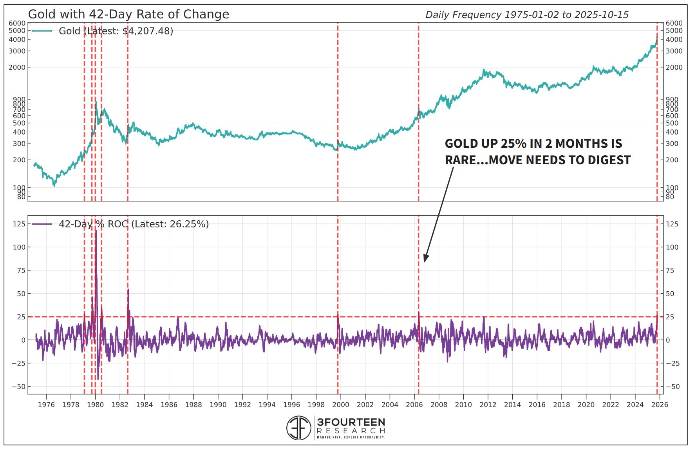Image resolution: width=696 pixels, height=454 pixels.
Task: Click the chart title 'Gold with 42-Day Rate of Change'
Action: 128,14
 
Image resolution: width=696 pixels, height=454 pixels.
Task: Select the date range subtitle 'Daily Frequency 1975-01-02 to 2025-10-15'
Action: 526,15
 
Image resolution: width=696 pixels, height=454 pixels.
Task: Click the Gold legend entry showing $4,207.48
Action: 116,31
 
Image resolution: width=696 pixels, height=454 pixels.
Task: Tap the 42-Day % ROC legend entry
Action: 133,224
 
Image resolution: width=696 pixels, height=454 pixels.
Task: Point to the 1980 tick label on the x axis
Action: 95,405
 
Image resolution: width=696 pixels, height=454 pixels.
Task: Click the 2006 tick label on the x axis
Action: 414,405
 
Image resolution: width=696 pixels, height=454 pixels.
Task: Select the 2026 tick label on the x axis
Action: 659,405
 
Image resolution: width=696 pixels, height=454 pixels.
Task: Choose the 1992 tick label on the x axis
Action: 242,405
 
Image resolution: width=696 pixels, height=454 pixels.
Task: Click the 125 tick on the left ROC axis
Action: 19,224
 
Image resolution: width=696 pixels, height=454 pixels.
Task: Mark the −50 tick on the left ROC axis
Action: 18,387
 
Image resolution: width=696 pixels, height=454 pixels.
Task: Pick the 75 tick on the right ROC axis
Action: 670,271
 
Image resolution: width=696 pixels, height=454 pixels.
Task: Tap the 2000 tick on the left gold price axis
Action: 17,67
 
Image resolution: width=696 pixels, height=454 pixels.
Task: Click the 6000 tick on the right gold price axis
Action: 674,24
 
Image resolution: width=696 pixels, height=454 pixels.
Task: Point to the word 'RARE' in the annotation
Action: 460,160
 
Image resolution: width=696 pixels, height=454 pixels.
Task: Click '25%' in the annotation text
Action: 513,143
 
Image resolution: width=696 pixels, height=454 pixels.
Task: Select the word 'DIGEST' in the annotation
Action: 607,160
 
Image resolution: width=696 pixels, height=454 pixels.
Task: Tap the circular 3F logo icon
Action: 298,428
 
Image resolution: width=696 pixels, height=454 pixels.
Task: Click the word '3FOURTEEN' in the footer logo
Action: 351,422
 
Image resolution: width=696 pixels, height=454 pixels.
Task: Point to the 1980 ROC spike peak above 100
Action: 96,231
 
